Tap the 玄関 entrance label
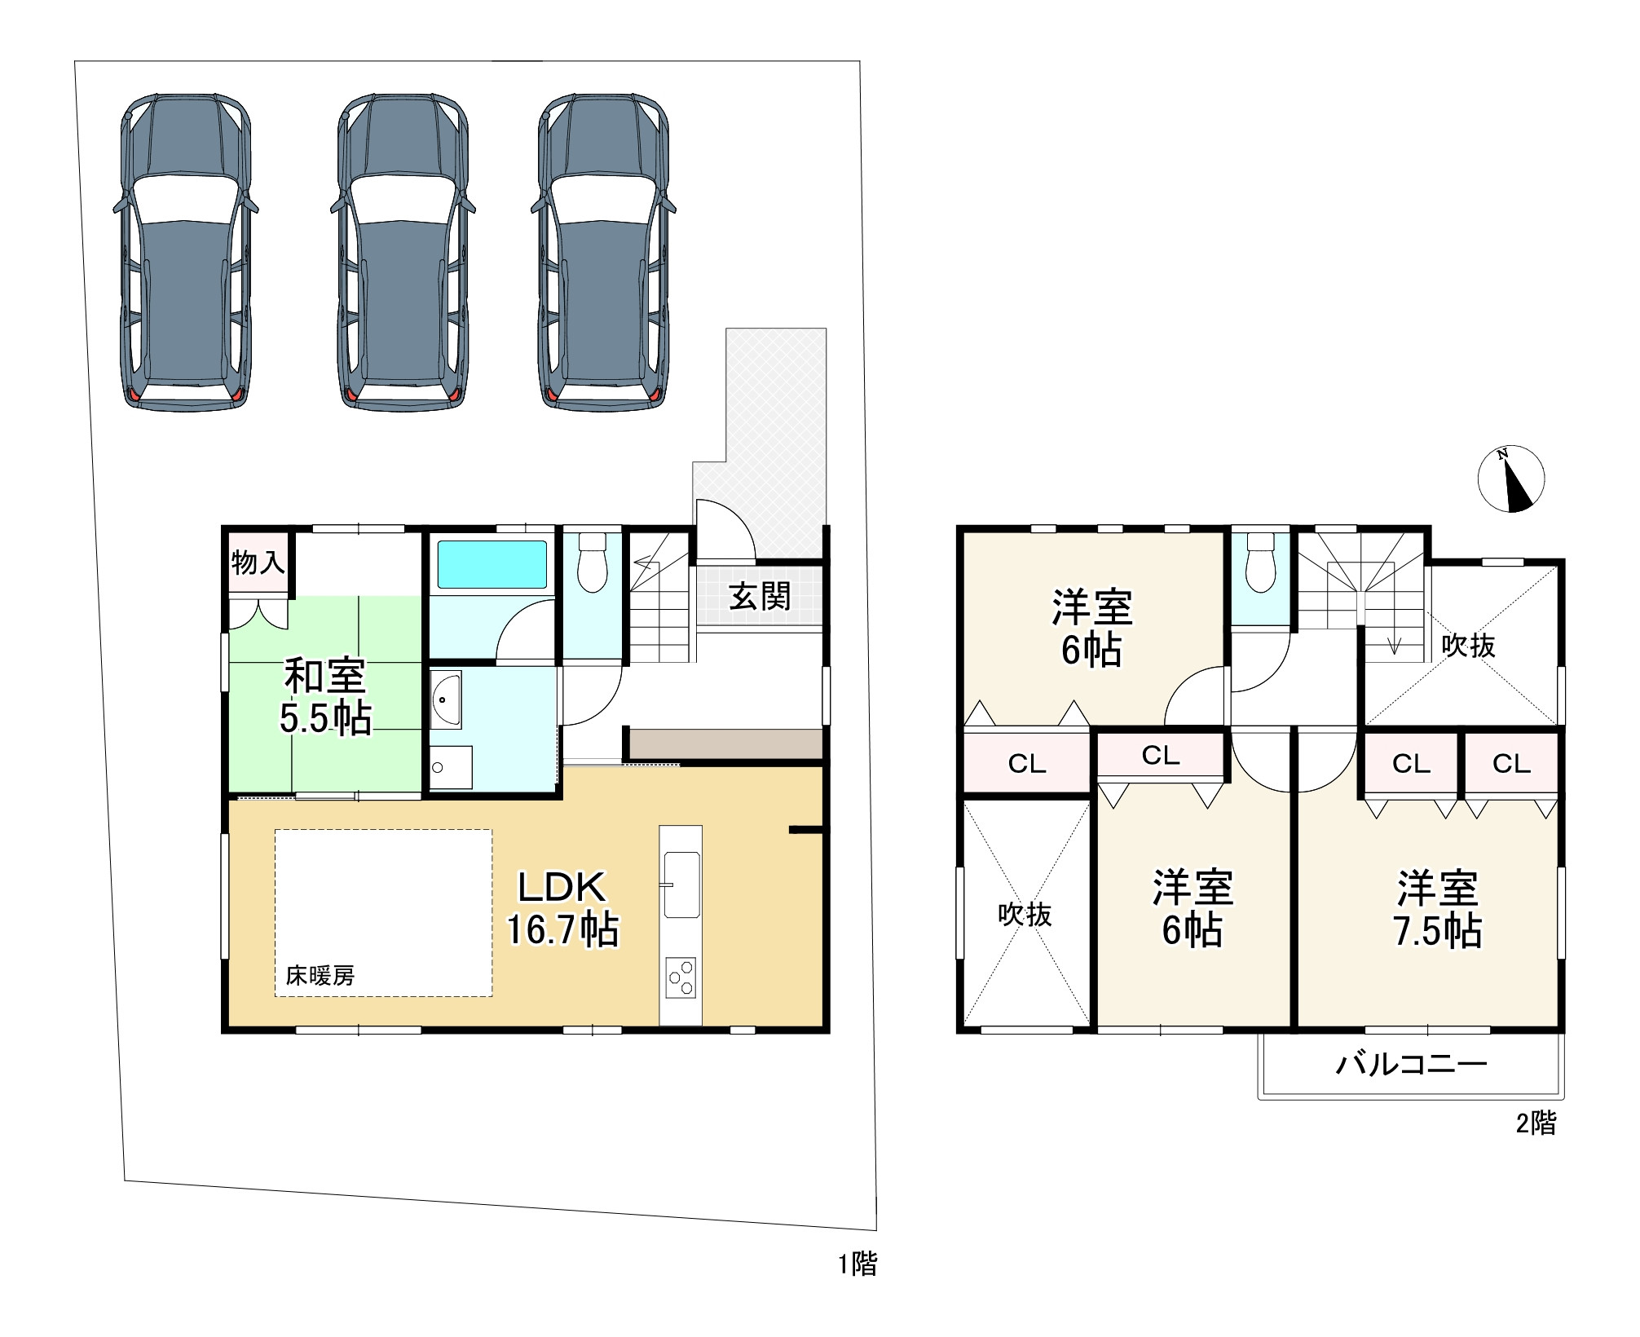point(760,597)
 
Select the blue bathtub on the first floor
point(492,564)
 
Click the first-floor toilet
point(592,562)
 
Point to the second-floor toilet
point(1260,562)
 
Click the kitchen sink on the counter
point(681,885)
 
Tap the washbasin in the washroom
point(446,699)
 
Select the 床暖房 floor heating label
point(320,975)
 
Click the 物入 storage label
point(258,563)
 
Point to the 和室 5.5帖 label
point(325,696)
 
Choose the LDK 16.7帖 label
point(562,908)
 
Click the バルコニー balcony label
point(1411,1064)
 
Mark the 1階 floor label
point(858,1264)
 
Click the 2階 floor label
point(1536,1123)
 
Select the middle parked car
point(403,252)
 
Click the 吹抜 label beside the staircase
point(1468,646)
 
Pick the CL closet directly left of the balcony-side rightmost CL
point(1411,764)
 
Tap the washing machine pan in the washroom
point(451,767)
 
